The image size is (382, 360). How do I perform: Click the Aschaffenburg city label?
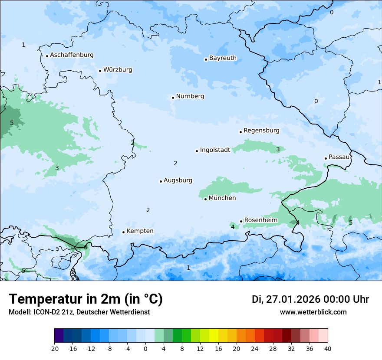(72, 55)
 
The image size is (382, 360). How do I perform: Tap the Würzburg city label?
(118, 70)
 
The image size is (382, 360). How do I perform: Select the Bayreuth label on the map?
(223, 58)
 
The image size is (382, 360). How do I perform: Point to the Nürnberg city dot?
(173, 98)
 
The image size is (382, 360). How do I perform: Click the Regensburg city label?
(261, 131)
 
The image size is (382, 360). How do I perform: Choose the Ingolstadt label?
(215, 151)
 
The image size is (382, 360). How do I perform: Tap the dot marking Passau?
(326, 158)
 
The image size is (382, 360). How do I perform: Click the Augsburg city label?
(178, 180)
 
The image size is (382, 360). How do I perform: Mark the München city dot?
(205, 200)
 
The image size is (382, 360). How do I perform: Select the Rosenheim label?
(260, 220)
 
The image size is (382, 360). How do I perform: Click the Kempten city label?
(140, 231)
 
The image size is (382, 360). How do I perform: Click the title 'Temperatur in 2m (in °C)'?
(86, 299)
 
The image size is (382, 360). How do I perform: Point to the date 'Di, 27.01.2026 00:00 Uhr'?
(310, 299)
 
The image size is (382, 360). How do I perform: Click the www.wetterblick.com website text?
(313, 312)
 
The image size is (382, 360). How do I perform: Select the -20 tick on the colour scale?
(54, 348)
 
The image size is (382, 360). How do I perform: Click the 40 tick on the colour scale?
(328, 348)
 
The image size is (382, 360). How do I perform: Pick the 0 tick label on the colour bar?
(145, 348)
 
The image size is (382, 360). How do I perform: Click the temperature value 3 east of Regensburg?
(278, 150)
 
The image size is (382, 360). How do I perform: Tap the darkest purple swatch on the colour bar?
(59, 336)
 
